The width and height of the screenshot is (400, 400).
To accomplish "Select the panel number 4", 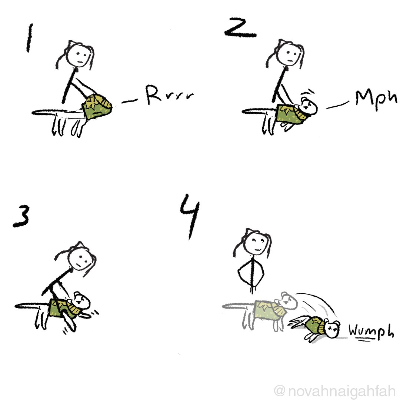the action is (190, 217).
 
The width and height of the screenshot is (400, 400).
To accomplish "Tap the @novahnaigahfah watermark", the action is (335, 391).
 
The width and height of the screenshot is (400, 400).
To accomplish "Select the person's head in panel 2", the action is (289, 54).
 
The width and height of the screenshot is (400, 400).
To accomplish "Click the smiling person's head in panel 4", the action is (256, 242).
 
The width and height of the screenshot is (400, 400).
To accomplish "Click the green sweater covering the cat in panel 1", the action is (97, 107).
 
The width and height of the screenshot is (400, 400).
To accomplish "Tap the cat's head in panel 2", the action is (309, 106).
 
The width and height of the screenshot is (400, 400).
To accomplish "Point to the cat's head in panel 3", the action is (82, 301).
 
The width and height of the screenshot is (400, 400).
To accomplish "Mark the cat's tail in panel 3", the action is (32, 305).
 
